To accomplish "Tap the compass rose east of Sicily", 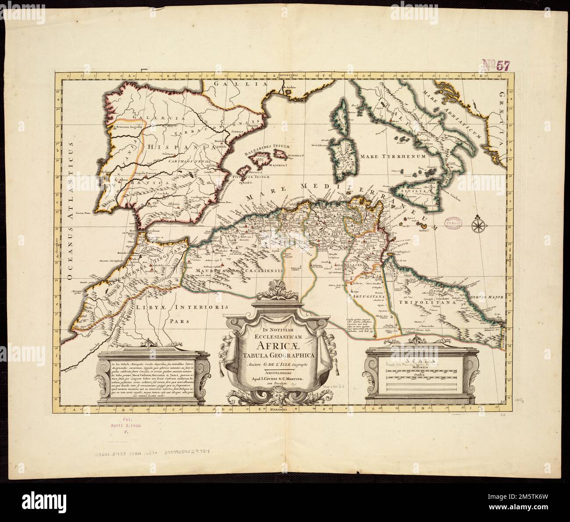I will [477, 225].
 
